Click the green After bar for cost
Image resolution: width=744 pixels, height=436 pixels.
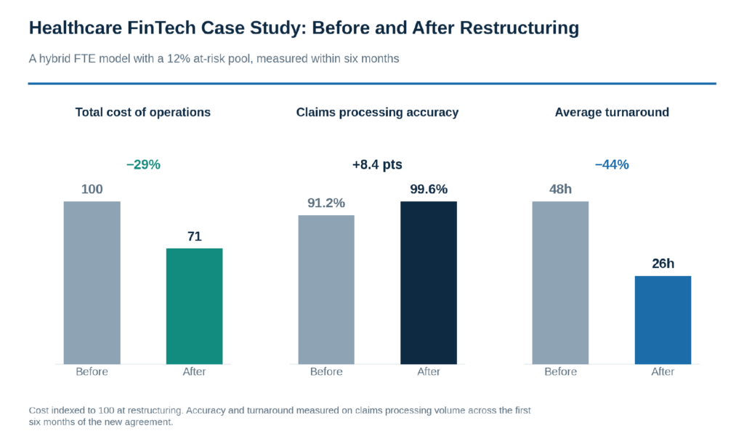(194, 306)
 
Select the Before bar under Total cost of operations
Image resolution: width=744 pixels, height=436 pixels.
(92, 283)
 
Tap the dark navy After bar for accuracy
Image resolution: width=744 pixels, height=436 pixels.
(429, 283)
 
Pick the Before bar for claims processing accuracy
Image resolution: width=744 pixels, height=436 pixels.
(326, 290)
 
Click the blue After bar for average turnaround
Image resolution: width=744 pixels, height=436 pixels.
(663, 320)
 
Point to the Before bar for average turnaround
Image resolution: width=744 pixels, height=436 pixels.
(560, 283)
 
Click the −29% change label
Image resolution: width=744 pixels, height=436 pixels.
(143, 165)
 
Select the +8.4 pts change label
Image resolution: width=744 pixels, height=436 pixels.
(377, 165)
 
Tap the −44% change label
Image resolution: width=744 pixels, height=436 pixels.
(612, 165)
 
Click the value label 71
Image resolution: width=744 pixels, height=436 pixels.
(195, 236)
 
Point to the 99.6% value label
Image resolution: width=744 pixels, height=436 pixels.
(429, 190)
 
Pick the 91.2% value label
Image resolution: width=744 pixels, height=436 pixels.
(326, 203)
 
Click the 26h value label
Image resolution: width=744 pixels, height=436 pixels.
(663, 263)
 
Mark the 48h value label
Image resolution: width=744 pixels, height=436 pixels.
(560, 190)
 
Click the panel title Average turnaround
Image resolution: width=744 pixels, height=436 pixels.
(612, 113)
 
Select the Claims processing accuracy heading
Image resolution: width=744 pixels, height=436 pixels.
(377, 113)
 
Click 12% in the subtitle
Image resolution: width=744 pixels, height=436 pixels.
(179, 59)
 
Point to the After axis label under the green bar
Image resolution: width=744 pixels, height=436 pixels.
(194, 371)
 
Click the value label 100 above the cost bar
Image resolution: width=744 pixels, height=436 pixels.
(92, 190)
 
